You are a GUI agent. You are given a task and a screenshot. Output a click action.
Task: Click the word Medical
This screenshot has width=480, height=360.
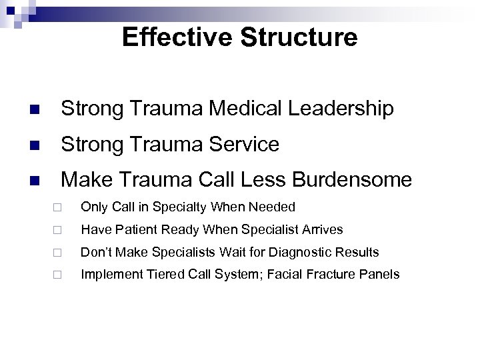click(231, 109)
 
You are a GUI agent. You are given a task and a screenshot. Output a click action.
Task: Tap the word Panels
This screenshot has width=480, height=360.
click(383, 274)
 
